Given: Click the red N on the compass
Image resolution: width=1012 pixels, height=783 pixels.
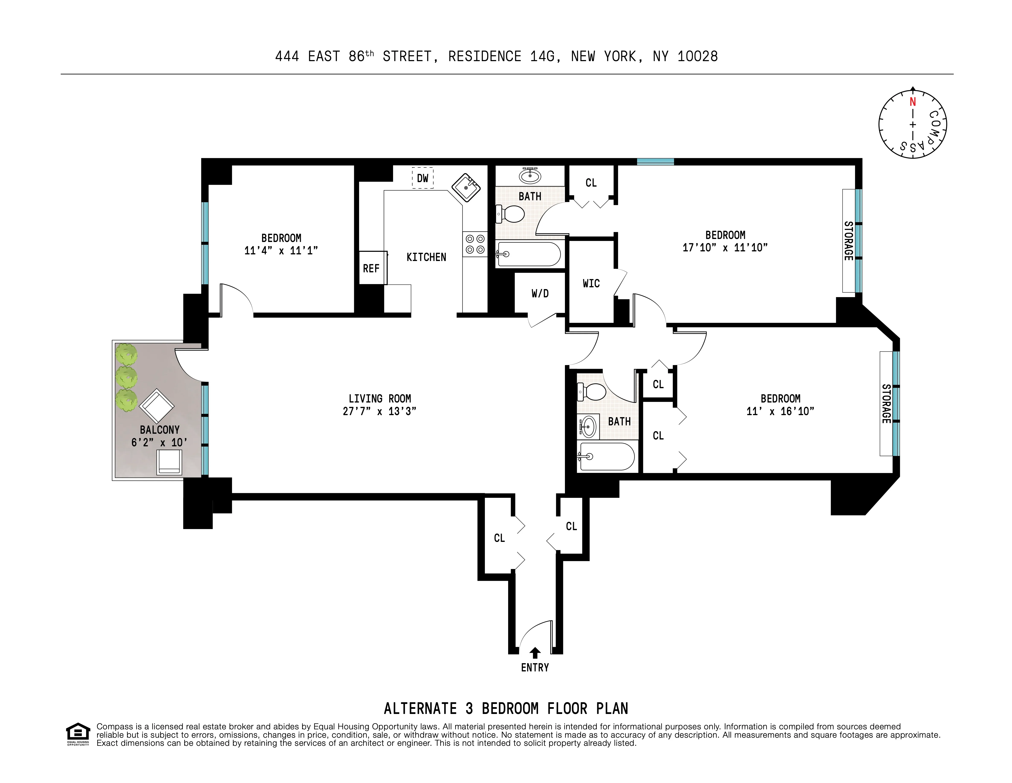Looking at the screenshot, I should point(912,102).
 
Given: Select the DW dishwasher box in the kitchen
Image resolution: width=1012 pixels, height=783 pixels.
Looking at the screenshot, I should point(423,178).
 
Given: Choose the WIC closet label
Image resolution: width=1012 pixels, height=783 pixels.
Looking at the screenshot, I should point(591,283).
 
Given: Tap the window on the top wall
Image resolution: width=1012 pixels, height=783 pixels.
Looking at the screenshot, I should point(655,161).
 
